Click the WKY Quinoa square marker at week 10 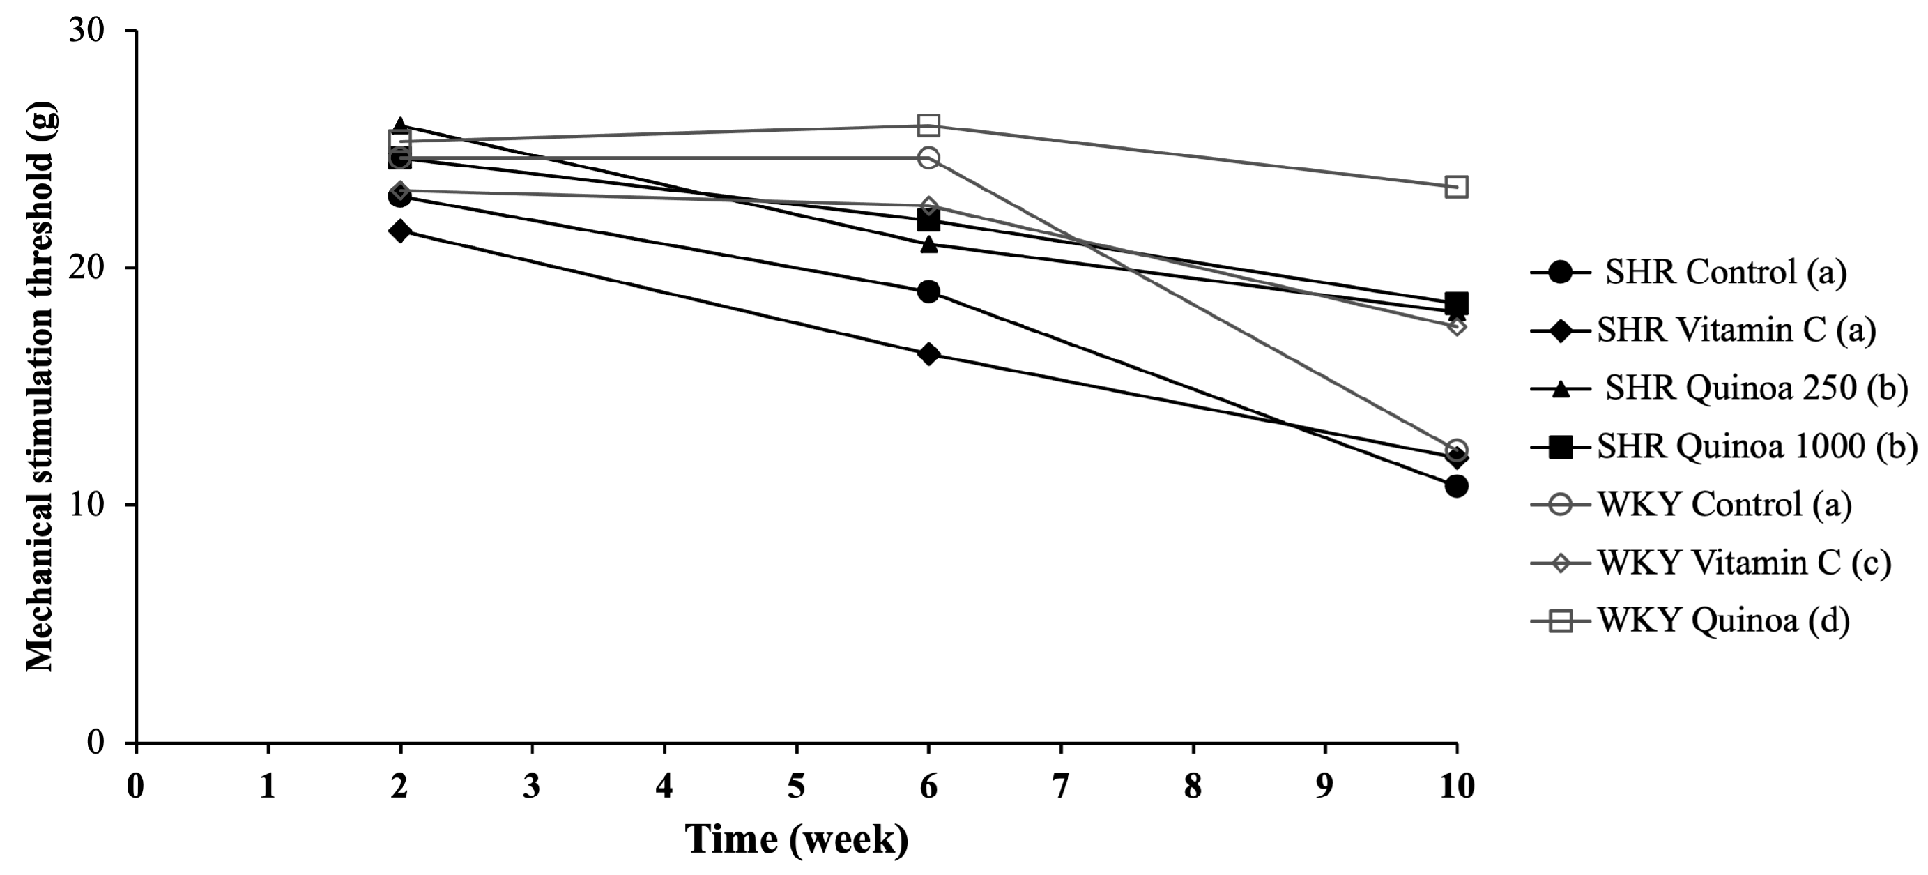[1455, 186]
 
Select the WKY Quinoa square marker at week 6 [928, 125]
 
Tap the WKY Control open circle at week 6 [928, 158]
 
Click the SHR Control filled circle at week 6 [928, 292]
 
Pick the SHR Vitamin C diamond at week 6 [928, 354]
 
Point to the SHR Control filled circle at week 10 [1455, 487]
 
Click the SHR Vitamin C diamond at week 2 [399, 231]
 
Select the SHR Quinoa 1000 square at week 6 [928, 221]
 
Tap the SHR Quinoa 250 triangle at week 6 [928, 244]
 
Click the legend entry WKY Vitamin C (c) [1744, 563]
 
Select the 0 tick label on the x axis [135, 786]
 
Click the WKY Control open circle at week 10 [1455, 450]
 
